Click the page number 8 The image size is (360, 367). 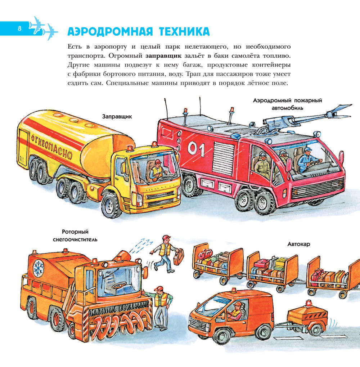point(19,28)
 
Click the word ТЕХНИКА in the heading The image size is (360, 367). point(184,32)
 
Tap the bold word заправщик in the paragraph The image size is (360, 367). point(163,56)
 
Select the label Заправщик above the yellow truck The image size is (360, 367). point(117,116)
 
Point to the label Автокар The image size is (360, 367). point(299,244)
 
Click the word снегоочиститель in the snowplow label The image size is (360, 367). point(75,240)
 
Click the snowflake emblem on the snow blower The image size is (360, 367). point(39,267)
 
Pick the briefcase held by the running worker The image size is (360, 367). point(178,257)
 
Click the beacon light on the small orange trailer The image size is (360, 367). point(309,304)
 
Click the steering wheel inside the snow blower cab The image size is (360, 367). point(119,285)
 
